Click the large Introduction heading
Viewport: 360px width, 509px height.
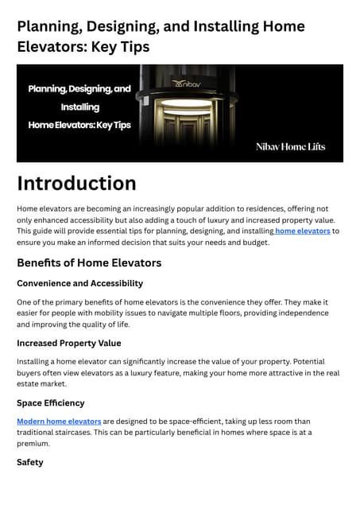click(76, 184)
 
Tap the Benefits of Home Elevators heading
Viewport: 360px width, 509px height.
click(89, 262)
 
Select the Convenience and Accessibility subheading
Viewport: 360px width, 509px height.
click(79, 283)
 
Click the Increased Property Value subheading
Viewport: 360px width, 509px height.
click(68, 344)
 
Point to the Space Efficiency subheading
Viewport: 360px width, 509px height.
click(50, 403)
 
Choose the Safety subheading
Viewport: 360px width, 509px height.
click(30, 462)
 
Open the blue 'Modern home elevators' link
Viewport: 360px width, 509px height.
click(59, 421)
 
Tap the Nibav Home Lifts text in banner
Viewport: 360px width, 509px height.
click(290, 146)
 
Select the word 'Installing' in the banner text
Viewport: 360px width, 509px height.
click(79, 107)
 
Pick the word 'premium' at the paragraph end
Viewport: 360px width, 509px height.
click(33, 444)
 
